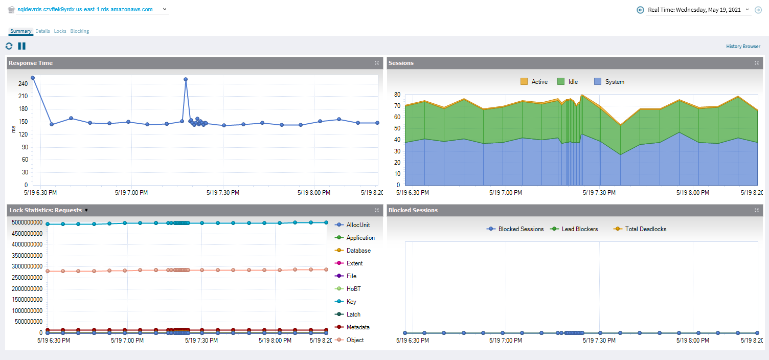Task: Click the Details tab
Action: [42, 31]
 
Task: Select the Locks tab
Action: [60, 31]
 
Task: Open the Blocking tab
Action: [79, 31]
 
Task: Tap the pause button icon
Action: [21, 46]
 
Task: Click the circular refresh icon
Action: [9, 46]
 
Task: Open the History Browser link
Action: [743, 47]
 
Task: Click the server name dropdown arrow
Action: [164, 9]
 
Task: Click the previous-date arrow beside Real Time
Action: [640, 10]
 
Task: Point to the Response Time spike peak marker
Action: [186, 79]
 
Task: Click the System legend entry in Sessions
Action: [609, 82]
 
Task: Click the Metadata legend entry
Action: [357, 327]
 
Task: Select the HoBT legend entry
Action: [354, 289]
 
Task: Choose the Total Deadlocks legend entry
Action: [640, 229]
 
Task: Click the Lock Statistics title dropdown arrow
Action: [86, 210]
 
